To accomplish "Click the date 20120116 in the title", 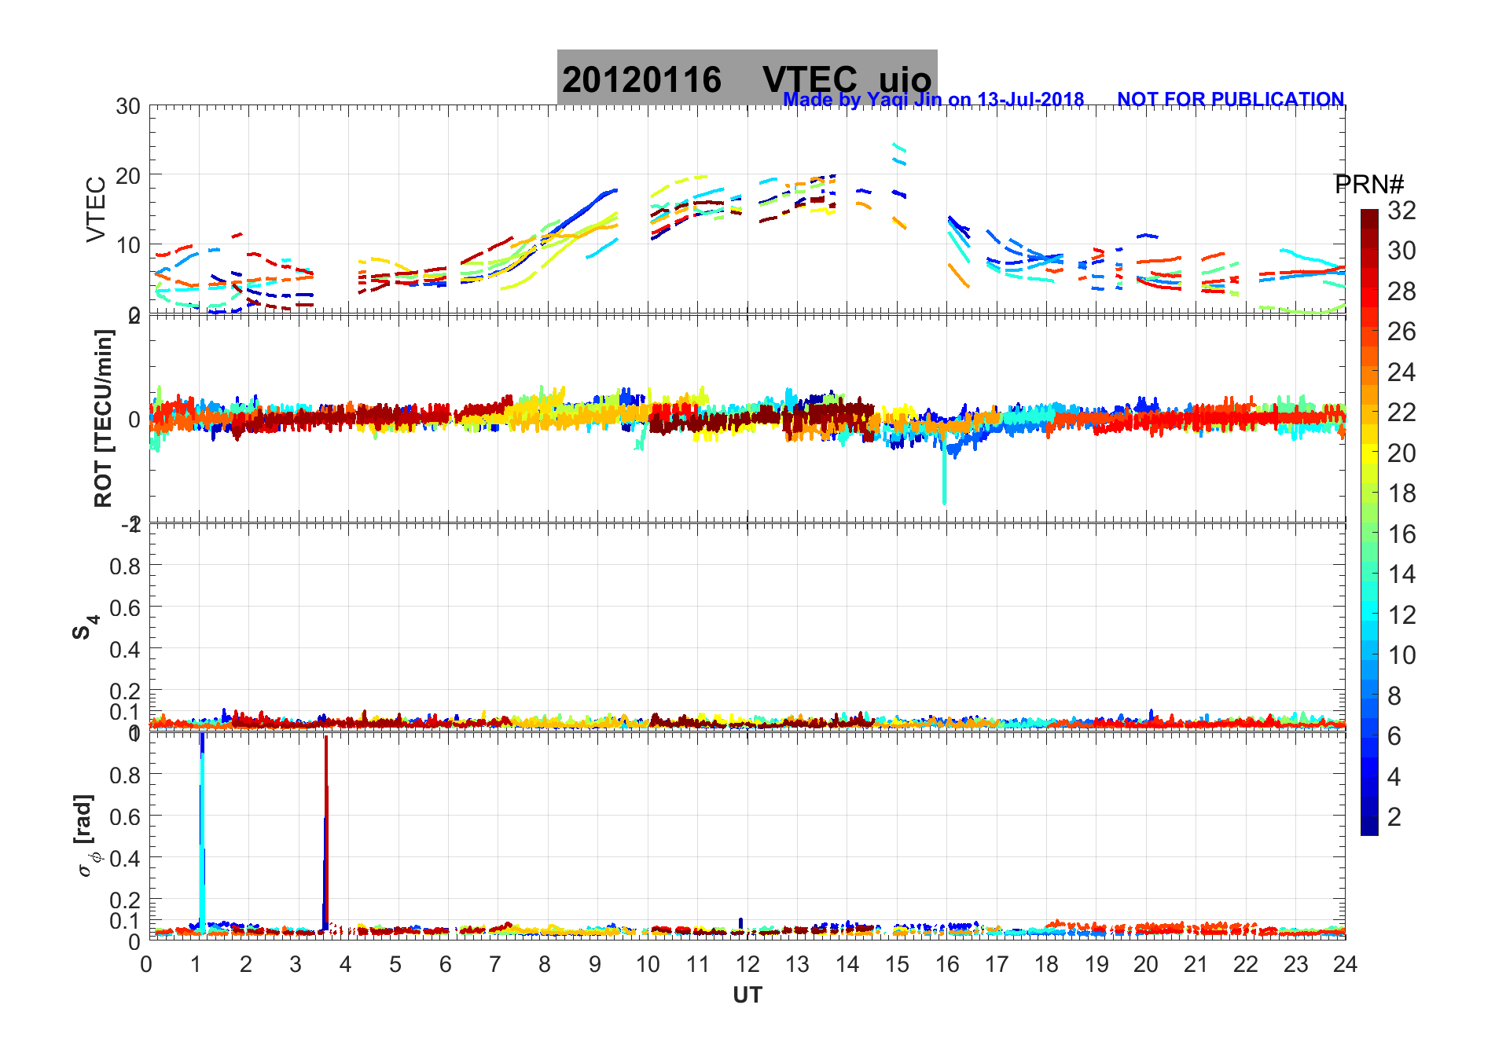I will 641,80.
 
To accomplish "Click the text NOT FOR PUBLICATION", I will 1230,100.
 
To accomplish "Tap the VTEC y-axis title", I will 96,209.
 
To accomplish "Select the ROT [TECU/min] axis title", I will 103,418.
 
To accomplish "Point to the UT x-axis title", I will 747,995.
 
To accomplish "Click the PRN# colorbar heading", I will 1368,185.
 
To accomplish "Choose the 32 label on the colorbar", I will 1401,211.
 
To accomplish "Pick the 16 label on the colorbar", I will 1401,534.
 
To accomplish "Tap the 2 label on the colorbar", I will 1394,817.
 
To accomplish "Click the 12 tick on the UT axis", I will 747,964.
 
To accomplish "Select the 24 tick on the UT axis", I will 1345,964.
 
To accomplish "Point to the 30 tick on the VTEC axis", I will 128,107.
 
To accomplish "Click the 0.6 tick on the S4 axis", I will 125,607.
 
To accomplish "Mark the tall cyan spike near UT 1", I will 202,833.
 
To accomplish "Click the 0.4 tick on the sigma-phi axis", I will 125,858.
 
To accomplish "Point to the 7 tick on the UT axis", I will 494,964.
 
